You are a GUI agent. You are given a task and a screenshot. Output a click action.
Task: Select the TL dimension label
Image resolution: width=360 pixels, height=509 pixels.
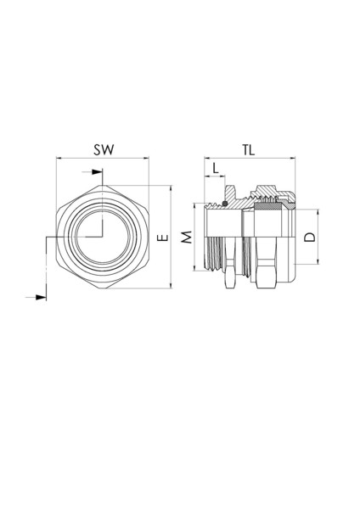coord(249,149)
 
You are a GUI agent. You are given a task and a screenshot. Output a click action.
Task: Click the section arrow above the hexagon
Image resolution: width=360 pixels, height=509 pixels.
coord(96,173)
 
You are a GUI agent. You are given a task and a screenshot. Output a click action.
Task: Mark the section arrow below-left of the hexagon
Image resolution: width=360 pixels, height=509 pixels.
coord(37,298)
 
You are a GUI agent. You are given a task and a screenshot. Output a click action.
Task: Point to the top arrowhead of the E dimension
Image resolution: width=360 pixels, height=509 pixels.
coord(172,186)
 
